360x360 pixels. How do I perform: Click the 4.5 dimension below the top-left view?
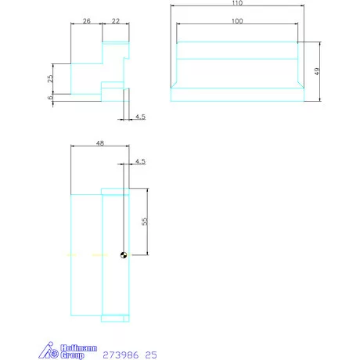point(140,117)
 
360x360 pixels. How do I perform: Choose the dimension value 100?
point(236,20)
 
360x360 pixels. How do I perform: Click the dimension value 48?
point(99,144)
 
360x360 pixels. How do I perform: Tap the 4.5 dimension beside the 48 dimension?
point(140,161)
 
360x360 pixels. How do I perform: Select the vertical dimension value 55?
point(144,221)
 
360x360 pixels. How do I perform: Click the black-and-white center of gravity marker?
point(124,254)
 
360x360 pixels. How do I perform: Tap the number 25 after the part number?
point(150,354)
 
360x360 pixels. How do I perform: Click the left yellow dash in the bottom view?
point(70,254)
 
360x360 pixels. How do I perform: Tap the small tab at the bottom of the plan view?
point(115,317)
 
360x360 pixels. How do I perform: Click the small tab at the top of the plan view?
point(115,190)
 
